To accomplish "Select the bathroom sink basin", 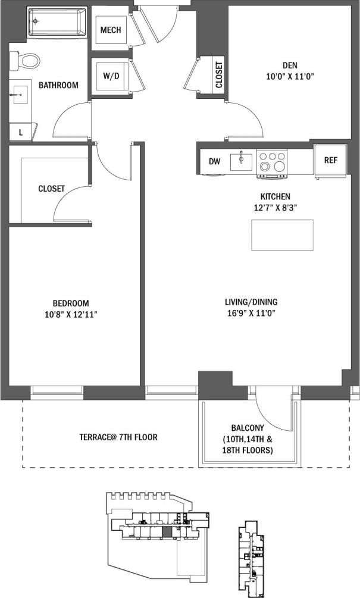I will tap(19, 95).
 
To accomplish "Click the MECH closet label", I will tap(111, 30).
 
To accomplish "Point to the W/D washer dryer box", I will tap(111, 77).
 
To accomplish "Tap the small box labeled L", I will tap(21, 132).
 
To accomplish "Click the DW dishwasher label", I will tap(215, 161).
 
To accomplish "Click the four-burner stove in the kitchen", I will tap(272, 162).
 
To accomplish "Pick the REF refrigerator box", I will tap(331, 161).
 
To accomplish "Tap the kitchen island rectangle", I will tap(282, 235).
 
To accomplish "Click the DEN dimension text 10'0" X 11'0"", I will tap(290, 76).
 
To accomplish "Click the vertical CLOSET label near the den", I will tap(219, 76).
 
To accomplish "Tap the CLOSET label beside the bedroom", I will tap(51, 189).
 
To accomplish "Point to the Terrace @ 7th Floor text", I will tap(118, 437).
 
